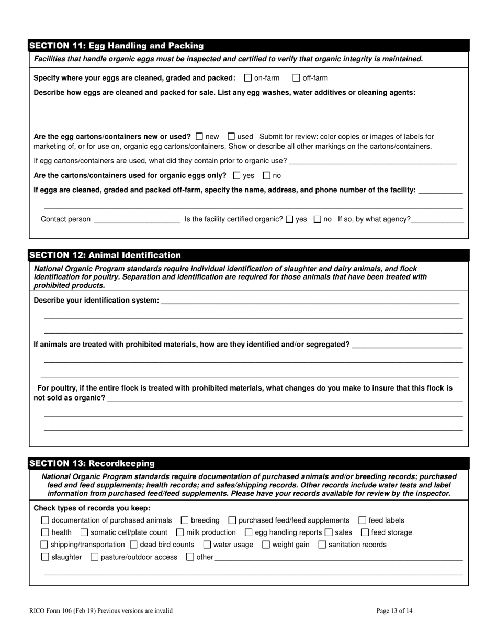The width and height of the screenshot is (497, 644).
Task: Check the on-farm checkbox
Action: pos(248,78)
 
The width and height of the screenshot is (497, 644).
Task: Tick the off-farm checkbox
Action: pos(297,78)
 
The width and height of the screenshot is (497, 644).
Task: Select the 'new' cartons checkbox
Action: pos(199,136)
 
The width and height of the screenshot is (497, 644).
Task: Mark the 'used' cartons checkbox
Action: pos(232,136)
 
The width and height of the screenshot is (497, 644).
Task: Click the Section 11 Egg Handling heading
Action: pos(116,46)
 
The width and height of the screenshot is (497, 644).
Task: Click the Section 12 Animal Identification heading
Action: pos(105,255)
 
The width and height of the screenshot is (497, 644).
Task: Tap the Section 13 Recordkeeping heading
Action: pos(92,463)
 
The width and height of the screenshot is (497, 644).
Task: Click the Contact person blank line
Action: pos(137,219)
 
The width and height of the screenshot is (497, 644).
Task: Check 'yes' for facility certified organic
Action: pos(290,219)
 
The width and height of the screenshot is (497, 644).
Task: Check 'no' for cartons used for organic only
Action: pos(267,175)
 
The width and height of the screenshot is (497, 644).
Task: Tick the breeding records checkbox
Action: pos(185,520)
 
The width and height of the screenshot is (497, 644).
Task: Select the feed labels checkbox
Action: pos(363,520)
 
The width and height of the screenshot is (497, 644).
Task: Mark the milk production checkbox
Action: pos(180,532)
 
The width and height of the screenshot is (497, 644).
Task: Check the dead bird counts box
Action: pos(133,545)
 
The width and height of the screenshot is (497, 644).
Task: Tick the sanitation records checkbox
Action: pos(322,545)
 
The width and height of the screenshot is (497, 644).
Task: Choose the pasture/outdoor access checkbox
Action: pos(95,557)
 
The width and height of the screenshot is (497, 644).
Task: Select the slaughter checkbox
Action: pos(45,557)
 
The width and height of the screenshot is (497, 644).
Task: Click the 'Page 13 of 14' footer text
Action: pos(394,610)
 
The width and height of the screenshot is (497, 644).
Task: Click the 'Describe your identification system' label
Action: pos(96,301)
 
